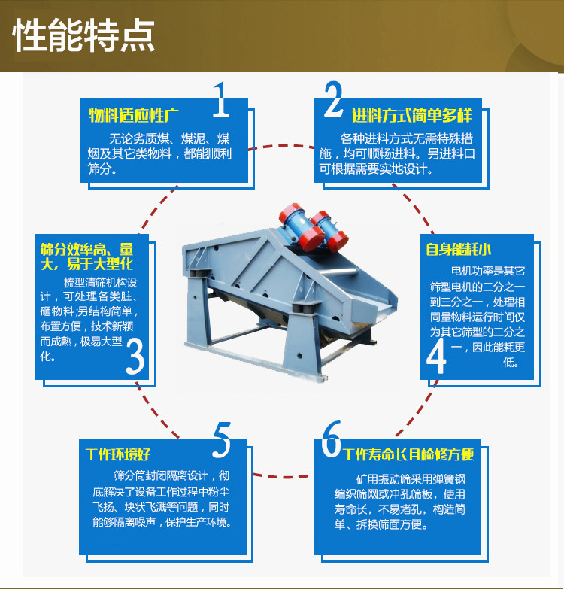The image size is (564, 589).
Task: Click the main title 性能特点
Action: tap(83, 35)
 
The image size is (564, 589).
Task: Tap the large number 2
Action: tap(333, 99)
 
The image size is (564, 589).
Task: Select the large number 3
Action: tap(135, 356)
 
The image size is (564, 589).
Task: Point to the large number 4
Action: tap(436, 356)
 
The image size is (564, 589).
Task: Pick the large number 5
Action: tap(222, 439)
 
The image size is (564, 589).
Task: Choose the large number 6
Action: tap(331, 439)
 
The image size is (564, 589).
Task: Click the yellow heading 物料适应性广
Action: tap(134, 115)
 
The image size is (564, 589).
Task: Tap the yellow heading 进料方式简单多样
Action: tap(412, 115)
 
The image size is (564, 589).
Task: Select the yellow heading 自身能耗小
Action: tap(459, 249)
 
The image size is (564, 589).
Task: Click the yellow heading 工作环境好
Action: tap(117, 454)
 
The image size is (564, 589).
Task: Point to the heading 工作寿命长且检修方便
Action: tap(408, 454)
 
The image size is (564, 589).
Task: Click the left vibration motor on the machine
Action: tap(302, 227)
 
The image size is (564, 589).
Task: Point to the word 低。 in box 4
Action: tap(511, 362)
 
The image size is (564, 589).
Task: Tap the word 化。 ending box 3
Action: tap(48, 356)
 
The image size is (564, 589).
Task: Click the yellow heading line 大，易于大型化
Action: tap(86, 264)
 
